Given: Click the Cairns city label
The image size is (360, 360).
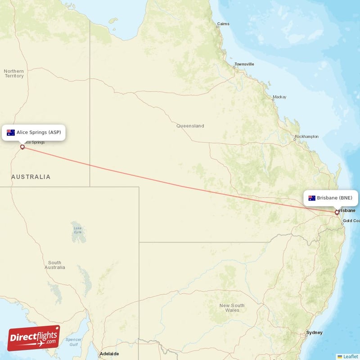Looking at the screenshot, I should coord(223,24).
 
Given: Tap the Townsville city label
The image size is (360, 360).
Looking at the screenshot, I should coord(244,64).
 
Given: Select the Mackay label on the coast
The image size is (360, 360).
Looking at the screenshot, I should coord(279,97).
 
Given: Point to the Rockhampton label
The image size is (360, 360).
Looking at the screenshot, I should coord(306,136).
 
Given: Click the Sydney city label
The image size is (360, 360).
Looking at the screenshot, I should coord(314,333).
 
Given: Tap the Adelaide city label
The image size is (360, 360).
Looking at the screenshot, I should coord(110,354).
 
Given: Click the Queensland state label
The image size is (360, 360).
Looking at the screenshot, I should coord(190,126).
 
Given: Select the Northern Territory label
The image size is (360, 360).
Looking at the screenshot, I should coord(14,73).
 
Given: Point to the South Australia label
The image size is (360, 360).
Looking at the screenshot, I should coord(54,265).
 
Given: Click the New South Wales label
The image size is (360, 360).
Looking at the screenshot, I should coord(232,308).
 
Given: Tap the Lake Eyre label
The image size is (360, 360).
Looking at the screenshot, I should coord(77,230).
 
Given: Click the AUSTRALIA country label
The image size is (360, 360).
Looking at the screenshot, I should coord(31,177).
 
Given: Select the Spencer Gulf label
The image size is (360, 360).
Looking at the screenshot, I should coord(73,342).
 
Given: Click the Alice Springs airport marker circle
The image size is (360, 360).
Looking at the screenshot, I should coord(22,146).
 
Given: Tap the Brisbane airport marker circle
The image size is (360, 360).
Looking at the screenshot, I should coord(337,212).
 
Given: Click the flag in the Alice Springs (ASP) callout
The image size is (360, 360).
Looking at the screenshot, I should coord(11,132).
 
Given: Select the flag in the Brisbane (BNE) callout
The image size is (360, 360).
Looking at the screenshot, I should coord(312,198).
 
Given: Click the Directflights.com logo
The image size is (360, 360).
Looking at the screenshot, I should coord(34,338).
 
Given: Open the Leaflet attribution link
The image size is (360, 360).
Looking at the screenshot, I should coord(350,356).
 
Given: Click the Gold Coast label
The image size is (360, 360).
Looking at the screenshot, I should coord(351,220).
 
